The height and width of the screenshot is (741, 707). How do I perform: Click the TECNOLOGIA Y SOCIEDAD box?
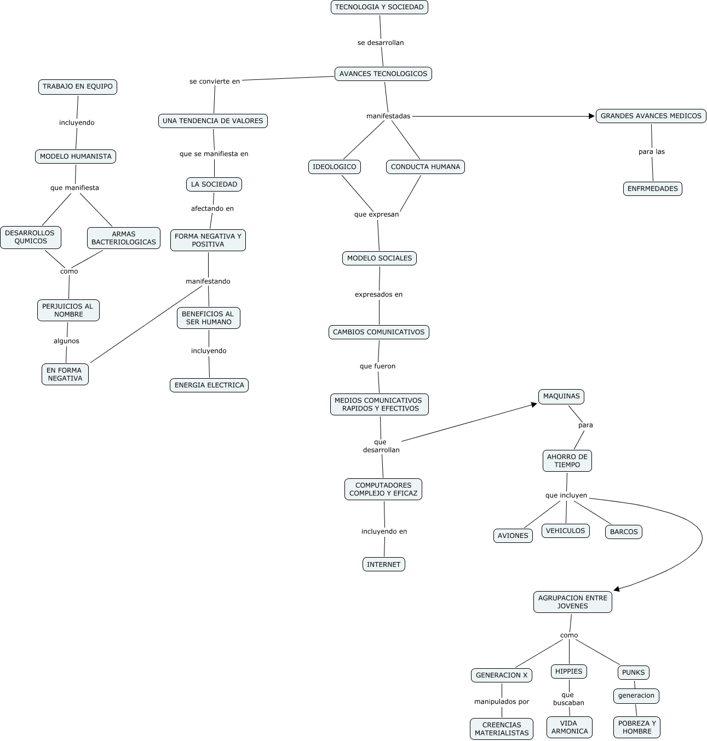tap(379, 7)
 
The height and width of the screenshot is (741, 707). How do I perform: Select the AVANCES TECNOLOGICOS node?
tap(383, 74)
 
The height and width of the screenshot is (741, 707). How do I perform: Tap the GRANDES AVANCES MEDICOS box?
tap(651, 116)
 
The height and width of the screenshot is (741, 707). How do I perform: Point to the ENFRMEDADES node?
tap(652, 189)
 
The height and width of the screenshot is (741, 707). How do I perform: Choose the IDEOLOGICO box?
tap(334, 167)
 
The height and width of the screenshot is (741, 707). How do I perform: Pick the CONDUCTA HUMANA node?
tap(425, 167)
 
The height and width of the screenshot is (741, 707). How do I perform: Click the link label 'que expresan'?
tap(376, 215)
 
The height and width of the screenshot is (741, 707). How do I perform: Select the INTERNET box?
tap(383, 564)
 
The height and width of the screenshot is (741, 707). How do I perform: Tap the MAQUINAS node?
tap(561, 396)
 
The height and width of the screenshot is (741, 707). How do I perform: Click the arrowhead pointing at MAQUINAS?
tap(533, 404)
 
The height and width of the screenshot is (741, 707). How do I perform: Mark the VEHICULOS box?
tap(565, 531)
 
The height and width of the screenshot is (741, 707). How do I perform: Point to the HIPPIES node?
tap(568, 671)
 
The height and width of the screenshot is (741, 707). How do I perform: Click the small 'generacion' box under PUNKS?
tap(636, 696)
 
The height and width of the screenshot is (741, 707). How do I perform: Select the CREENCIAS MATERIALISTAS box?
tap(501, 729)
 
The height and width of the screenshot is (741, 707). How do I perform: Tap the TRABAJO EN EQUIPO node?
tap(77, 86)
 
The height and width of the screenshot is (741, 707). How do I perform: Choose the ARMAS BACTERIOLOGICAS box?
tap(123, 238)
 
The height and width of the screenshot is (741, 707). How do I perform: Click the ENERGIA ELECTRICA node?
tap(209, 385)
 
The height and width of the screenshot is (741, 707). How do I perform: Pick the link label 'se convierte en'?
tap(215, 82)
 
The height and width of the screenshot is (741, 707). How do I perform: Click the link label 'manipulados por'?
tap(501, 702)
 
